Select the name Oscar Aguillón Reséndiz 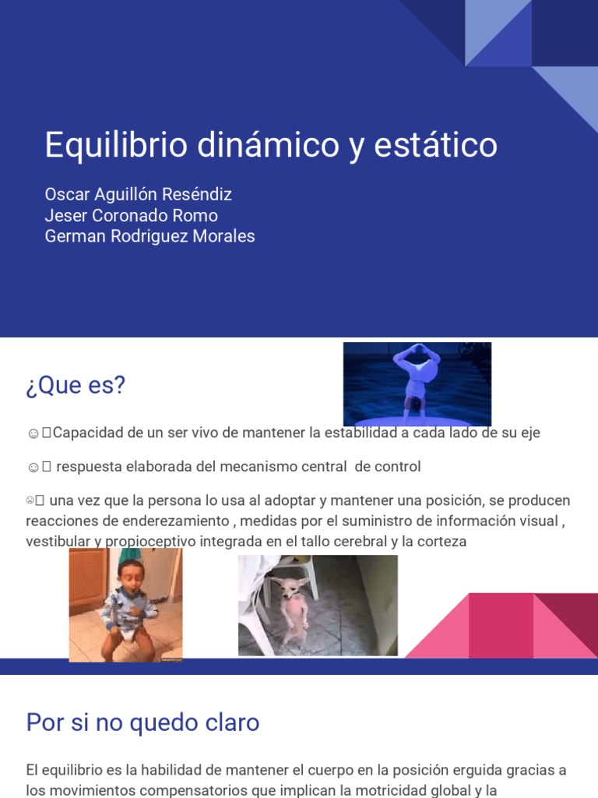click(x=138, y=194)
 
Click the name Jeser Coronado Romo click(x=131, y=215)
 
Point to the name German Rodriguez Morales click(x=149, y=236)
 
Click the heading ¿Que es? click(x=76, y=385)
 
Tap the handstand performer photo click(x=417, y=383)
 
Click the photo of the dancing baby click(x=125, y=605)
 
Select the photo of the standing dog click(x=318, y=606)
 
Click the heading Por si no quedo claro click(x=142, y=722)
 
